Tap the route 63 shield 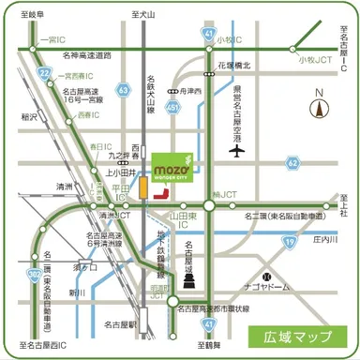click(x=124, y=88)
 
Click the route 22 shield click(x=44, y=71)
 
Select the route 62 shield click(x=293, y=162)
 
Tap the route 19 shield click(x=291, y=241)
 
